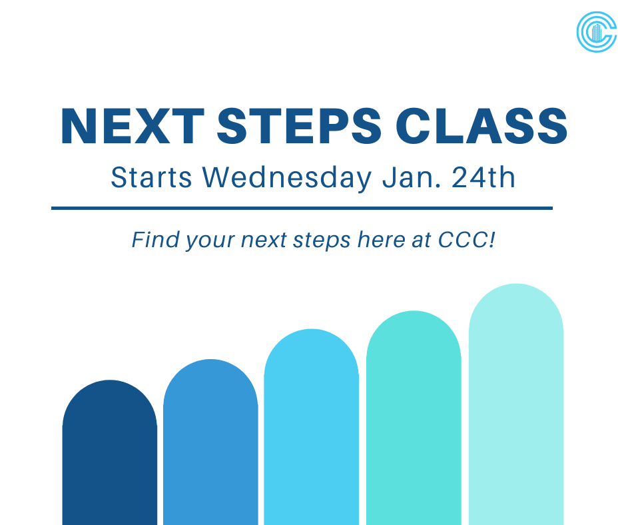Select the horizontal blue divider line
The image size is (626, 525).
pyautogui.click(x=302, y=209)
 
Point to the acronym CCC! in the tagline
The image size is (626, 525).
pyautogui.click(x=467, y=240)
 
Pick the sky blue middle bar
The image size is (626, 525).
pyautogui.click(x=311, y=433)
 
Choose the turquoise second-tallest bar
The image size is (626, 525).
pyautogui.click(x=414, y=423)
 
